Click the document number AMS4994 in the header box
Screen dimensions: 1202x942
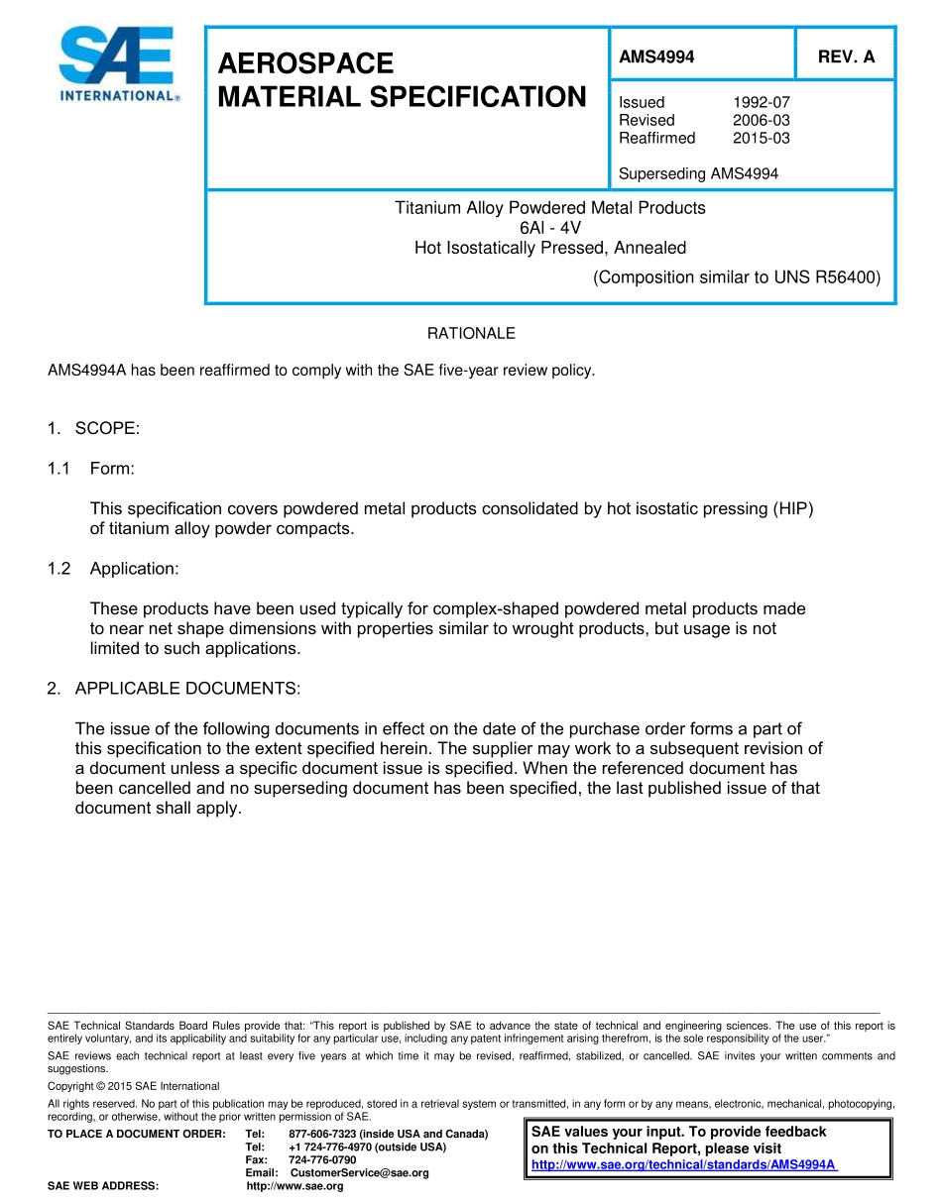click(x=656, y=57)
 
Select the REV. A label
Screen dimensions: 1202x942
click(x=846, y=57)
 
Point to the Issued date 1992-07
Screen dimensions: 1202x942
click(x=762, y=102)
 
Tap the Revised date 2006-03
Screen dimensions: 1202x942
click(x=762, y=120)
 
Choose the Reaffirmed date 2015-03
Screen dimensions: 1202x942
click(x=762, y=138)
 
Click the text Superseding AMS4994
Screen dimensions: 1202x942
click(x=698, y=173)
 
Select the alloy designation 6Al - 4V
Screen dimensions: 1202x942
click(x=550, y=228)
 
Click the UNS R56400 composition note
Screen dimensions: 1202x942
click(x=736, y=277)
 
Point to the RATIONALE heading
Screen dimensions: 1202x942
click(x=471, y=334)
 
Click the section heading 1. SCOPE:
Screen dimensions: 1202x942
click(x=94, y=428)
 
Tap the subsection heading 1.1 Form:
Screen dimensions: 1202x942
click(x=91, y=468)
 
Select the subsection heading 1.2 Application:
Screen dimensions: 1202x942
click(x=113, y=568)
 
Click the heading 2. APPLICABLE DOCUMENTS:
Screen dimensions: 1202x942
click(x=174, y=688)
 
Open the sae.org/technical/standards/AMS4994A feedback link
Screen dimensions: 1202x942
click(x=684, y=1164)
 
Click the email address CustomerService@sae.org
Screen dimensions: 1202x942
click(x=359, y=1173)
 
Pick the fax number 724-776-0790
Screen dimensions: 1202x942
click(x=322, y=1159)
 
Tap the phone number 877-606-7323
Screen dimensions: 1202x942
click(x=322, y=1134)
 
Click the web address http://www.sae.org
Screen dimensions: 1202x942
click(x=294, y=1186)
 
